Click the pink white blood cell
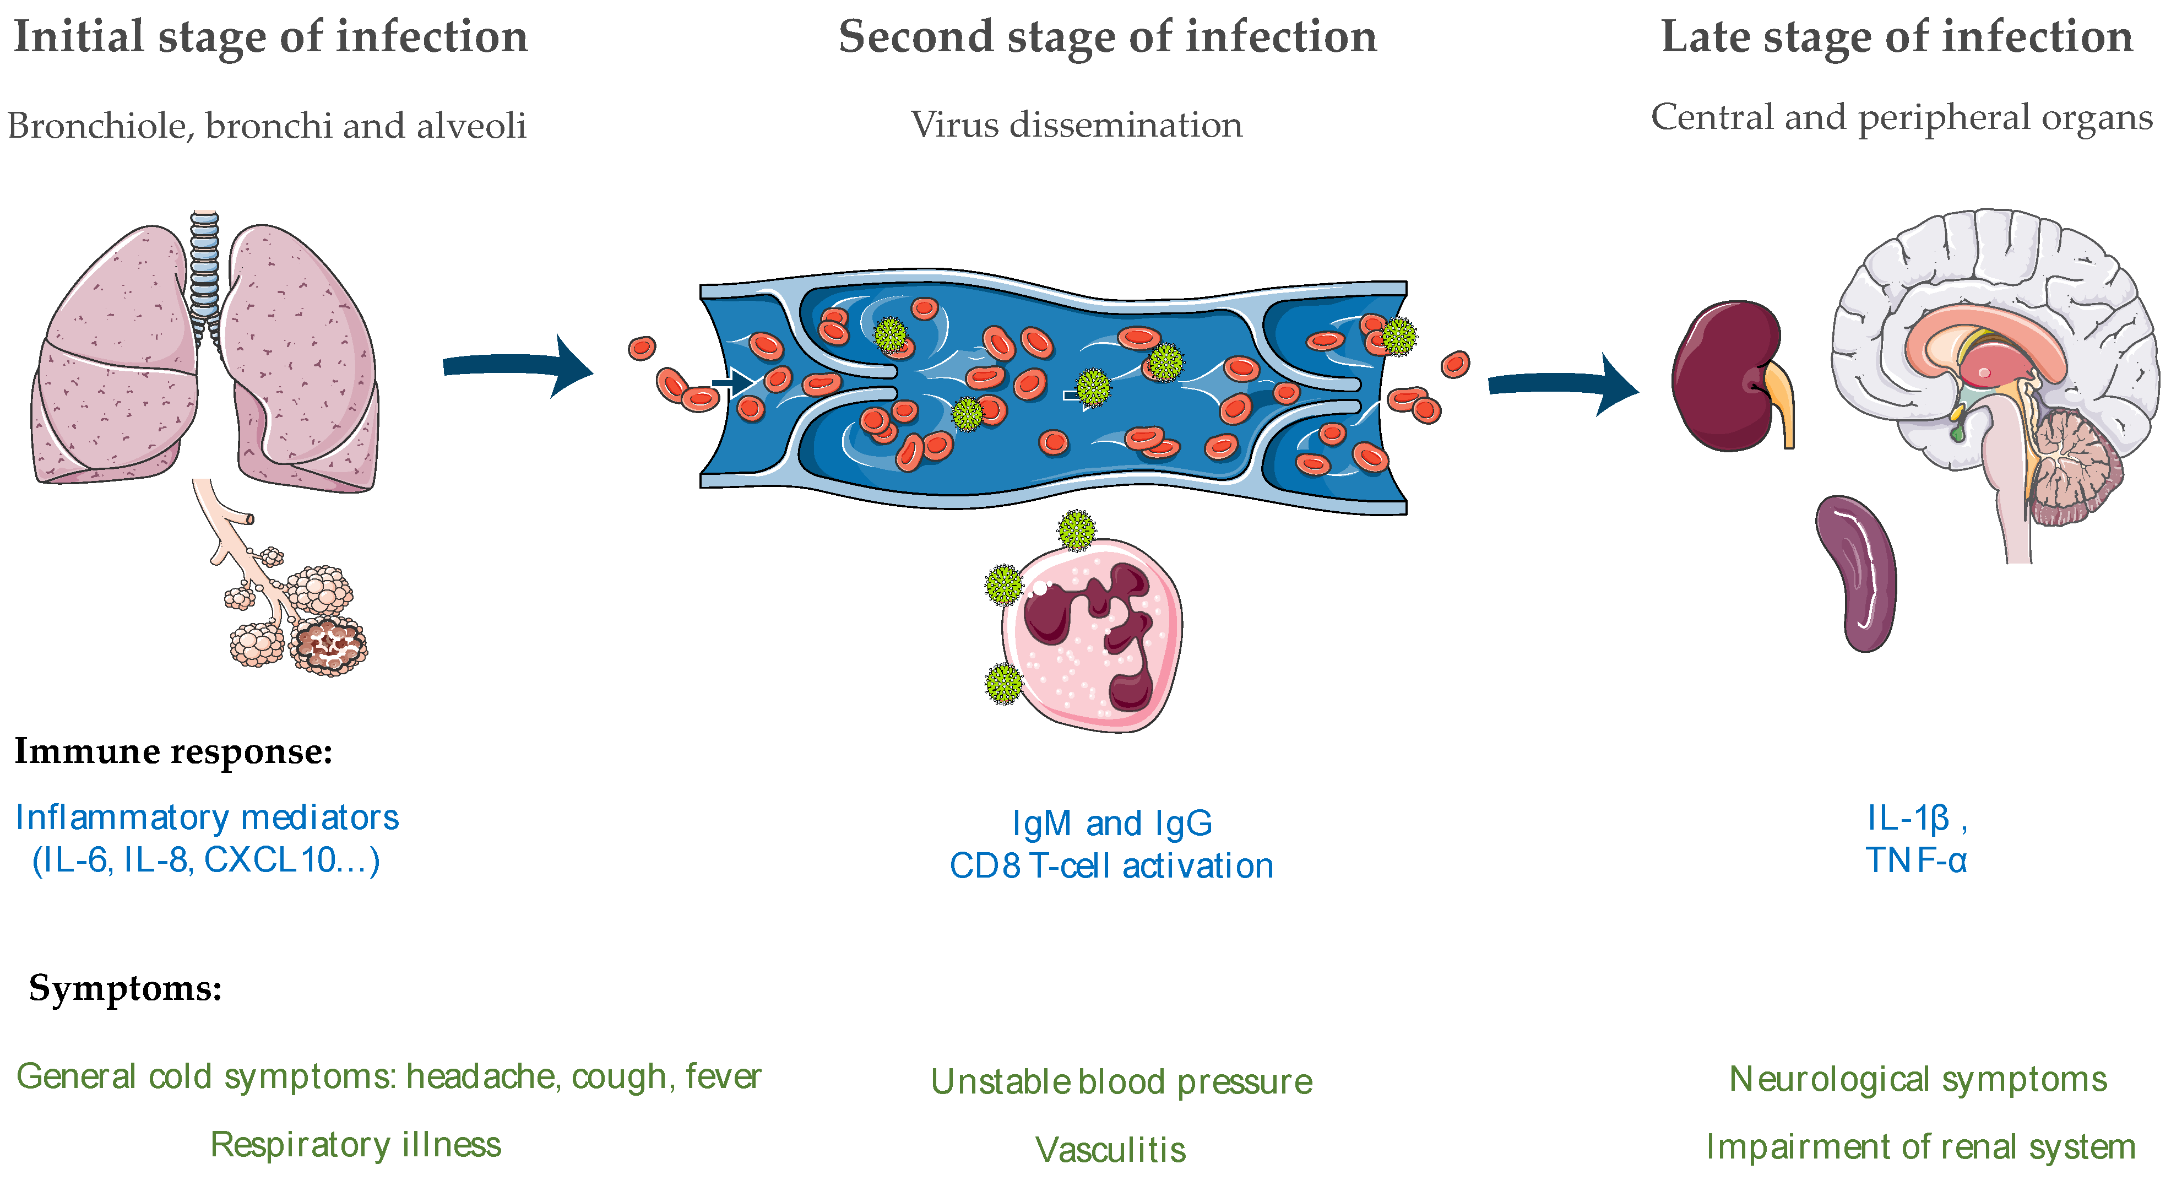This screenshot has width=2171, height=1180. (x=1092, y=636)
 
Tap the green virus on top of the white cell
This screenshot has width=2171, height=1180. (x=1076, y=530)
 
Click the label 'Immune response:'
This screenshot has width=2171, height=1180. (x=173, y=751)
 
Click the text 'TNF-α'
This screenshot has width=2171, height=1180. (x=1915, y=860)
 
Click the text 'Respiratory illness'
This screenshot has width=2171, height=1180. (x=356, y=1145)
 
